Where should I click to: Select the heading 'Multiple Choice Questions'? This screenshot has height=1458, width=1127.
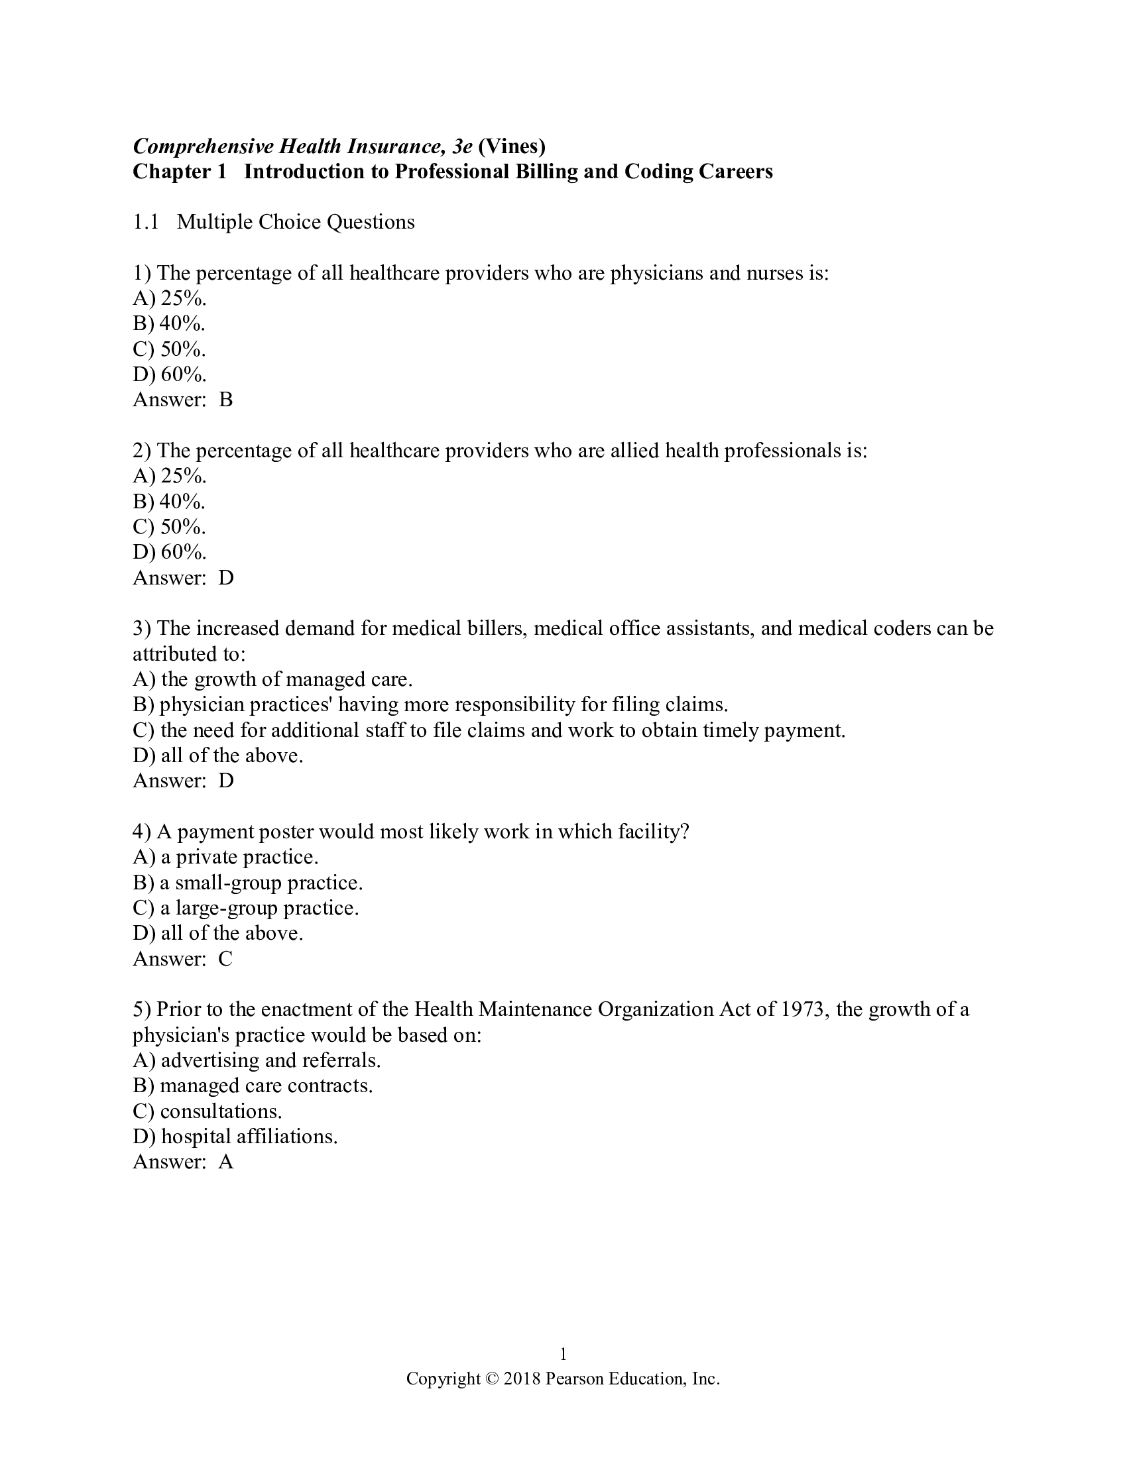pyautogui.click(x=295, y=222)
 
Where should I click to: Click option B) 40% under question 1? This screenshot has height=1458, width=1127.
pyautogui.click(x=169, y=324)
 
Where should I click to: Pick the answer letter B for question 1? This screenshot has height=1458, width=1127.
pyautogui.click(x=225, y=400)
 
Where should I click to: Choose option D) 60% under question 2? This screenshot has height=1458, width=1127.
pyautogui.click(x=170, y=553)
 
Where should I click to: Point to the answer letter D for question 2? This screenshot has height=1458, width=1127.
pyautogui.click(x=225, y=578)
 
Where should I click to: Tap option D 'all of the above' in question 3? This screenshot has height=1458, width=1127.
pyautogui.click(x=217, y=756)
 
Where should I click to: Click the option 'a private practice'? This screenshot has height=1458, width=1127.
pyautogui.click(x=225, y=857)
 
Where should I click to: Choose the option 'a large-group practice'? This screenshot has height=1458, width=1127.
pyautogui.click(x=246, y=909)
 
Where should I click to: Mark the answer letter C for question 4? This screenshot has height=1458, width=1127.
pyautogui.click(x=225, y=960)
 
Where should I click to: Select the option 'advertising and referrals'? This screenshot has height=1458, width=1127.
pyautogui.click(x=257, y=1061)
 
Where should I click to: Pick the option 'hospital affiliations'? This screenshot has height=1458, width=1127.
pyautogui.click(x=235, y=1137)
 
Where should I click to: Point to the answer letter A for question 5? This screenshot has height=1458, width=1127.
pyautogui.click(x=225, y=1162)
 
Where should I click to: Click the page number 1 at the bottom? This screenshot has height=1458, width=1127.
pyautogui.click(x=563, y=1354)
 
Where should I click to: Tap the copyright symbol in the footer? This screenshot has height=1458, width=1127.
pyautogui.click(x=492, y=1379)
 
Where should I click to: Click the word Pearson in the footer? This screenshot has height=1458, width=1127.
pyautogui.click(x=575, y=1379)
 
